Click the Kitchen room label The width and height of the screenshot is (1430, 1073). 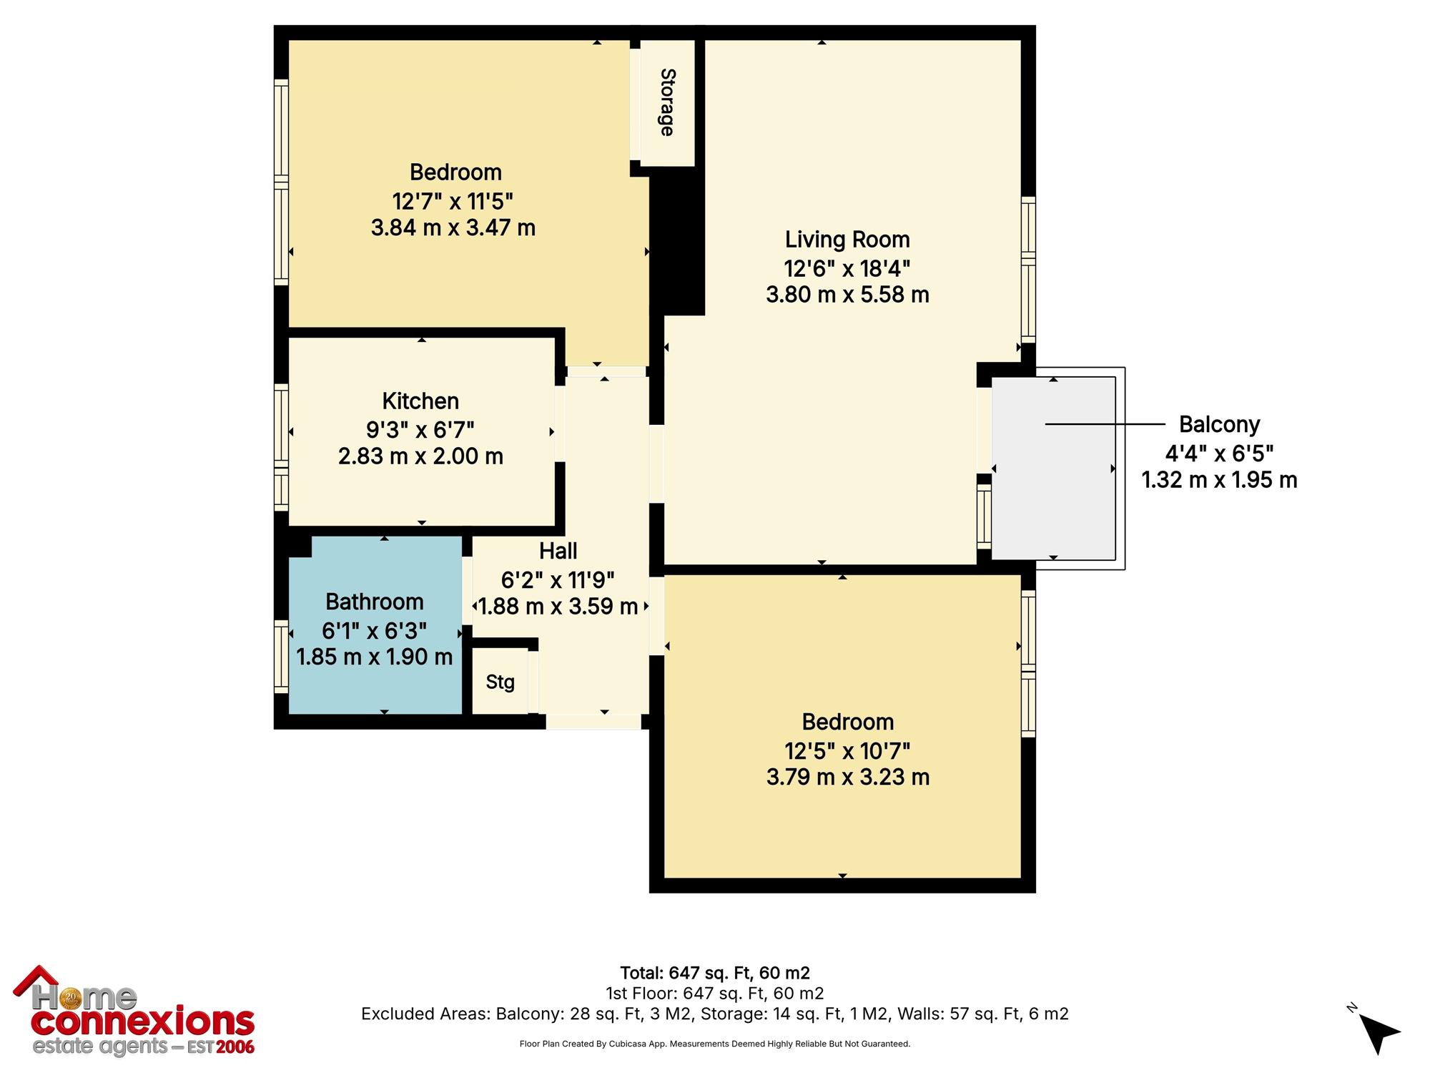(x=420, y=401)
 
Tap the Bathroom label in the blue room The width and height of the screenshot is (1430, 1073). (x=375, y=602)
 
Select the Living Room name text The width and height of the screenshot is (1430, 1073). (x=847, y=240)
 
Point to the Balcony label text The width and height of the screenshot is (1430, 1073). (x=1219, y=424)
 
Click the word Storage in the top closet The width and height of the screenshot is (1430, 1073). (x=667, y=102)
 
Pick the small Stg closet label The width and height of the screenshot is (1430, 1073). (x=500, y=682)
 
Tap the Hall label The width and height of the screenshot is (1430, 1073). (x=558, y=551)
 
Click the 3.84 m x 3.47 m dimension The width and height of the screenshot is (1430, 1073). (x=453, y=228)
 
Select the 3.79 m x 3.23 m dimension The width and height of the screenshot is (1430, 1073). (x=848, y=777)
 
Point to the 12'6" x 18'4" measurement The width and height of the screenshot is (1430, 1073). (x=847, y=268)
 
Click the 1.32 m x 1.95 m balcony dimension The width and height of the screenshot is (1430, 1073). (x=1220, y=480)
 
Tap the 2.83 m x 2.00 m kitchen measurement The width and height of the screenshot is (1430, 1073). (x=420, y=456)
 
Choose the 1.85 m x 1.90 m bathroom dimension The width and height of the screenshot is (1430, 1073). (x=375, y=657)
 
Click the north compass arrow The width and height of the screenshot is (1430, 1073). (x=1378, y=1032)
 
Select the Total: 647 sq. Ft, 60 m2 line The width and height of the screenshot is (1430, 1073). (x=715, y=973)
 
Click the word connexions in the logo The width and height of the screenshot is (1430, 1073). (x=143, y=1023)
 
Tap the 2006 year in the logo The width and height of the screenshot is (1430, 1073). (x=235, y=1047)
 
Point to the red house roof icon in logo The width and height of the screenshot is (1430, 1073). (x=36, y=979)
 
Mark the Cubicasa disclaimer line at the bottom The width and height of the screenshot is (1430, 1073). (x=715, y=1044)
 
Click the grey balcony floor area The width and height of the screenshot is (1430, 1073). (x=1053, y=468)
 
